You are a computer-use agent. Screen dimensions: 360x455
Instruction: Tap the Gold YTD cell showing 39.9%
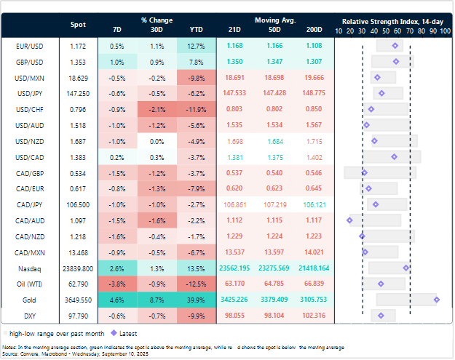197,299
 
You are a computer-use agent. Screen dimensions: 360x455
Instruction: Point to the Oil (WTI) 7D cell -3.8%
119,283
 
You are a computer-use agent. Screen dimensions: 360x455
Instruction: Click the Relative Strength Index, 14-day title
392,21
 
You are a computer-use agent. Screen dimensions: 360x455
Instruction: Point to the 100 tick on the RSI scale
444,32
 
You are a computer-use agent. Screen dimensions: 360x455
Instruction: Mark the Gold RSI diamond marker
436,299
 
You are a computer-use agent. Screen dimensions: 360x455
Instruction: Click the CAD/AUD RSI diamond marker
350,220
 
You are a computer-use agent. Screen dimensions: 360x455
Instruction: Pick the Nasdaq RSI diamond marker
406,268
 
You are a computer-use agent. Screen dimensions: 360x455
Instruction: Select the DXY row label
30,315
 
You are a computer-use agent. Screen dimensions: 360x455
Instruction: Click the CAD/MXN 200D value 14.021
314,252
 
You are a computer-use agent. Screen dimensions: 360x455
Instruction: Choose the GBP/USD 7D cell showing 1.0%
119,62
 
